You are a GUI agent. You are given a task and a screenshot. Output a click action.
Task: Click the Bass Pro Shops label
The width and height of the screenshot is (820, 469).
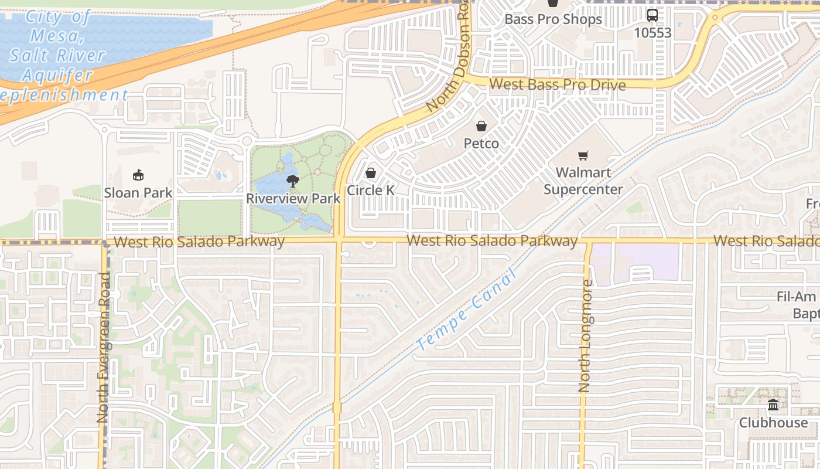tap(553, 19)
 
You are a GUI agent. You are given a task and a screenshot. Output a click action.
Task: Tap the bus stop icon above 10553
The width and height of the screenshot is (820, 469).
tap(652, 15)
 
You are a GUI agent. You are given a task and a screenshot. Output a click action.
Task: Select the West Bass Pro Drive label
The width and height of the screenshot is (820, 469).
tap(557, 84)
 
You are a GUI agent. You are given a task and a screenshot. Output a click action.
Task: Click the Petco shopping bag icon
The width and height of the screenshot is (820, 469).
tap(481, 126)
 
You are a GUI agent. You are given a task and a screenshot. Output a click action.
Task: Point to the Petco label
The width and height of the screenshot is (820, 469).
tap(481, 143)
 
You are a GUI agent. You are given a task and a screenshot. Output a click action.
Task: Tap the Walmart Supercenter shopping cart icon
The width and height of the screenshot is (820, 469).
tap(583, 156)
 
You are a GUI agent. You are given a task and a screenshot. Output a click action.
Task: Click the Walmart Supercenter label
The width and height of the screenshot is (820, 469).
tap(583, 181)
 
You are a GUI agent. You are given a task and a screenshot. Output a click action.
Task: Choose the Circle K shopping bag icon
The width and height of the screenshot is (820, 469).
tap(370, 174)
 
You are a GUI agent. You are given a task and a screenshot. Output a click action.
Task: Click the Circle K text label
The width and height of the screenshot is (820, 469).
tap(370, 191)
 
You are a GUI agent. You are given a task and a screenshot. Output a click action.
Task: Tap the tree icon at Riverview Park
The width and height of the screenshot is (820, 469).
tap(292, 181)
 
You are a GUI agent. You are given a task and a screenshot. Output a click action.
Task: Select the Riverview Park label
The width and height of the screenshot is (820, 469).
tap(293, 198)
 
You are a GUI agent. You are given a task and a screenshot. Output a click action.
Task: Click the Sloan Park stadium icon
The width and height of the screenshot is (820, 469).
tap(138, 175)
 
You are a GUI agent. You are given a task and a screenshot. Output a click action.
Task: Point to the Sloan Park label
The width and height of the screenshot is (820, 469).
tap(138, 192)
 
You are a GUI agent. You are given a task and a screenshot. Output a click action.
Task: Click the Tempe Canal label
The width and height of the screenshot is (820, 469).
tap(467, 310)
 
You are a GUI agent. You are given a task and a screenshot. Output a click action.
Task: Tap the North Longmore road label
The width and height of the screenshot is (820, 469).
tap(585, 336)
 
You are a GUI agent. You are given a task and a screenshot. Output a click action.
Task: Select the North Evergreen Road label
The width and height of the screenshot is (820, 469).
tap(104, 355)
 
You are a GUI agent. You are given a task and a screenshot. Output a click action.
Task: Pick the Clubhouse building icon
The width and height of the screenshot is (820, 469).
tap(773, 405)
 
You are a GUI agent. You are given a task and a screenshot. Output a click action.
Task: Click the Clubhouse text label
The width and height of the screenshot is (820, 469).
tap(773, 422)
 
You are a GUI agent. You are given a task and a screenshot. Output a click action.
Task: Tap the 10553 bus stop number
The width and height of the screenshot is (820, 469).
tap(652, 33)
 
